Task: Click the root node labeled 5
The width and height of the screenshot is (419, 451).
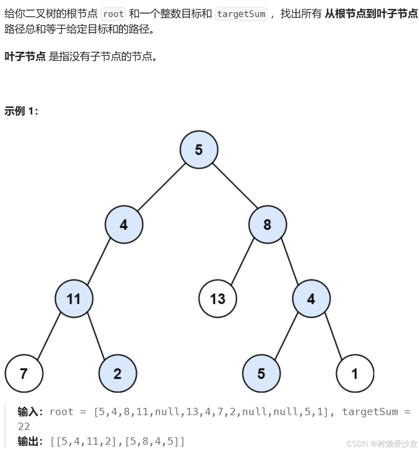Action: point(199,150)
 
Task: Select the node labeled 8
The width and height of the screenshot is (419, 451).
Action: point(267,225)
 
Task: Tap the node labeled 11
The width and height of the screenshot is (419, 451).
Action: point(74,299)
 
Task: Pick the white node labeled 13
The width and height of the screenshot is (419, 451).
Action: point(217,299)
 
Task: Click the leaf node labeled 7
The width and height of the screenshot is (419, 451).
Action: point(24,373)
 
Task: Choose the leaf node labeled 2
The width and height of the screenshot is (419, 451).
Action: point(118,373)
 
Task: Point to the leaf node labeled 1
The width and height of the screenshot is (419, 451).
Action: point(355,373)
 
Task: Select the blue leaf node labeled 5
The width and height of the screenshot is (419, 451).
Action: point(261,373)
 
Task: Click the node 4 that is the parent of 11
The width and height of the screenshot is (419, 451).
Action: point(124,225)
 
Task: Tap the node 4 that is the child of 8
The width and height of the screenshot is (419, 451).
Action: point(311,299)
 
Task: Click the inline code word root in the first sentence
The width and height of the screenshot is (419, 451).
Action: point(113,14)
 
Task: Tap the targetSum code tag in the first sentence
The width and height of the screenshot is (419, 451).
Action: point(241,14)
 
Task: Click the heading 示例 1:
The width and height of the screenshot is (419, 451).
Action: point(21,111)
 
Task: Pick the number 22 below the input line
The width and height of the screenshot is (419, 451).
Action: point(24,426)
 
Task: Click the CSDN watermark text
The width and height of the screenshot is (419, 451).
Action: point(382,443)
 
